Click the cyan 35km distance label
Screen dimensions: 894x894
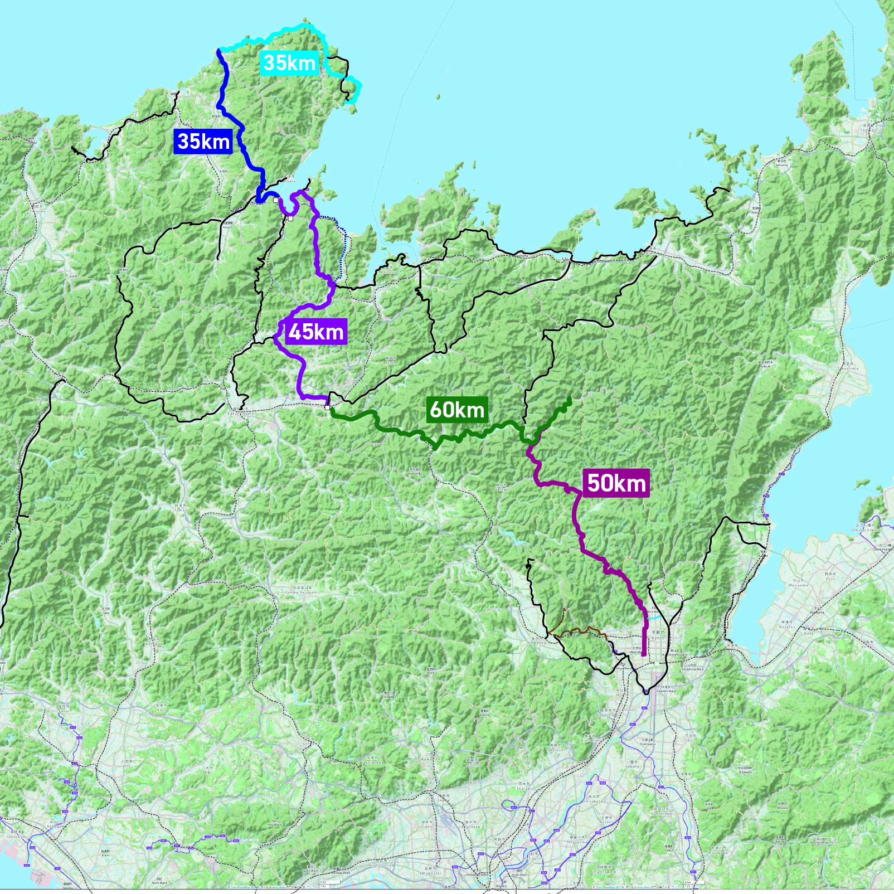289,62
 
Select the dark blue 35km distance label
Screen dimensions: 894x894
203,141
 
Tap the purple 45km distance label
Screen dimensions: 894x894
316,332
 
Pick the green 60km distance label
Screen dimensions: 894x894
457,410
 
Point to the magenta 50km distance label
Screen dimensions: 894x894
616,483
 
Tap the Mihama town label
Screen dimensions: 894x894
782,164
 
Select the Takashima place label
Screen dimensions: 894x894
849,368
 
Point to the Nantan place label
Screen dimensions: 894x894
501,488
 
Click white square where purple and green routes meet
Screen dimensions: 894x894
327,407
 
